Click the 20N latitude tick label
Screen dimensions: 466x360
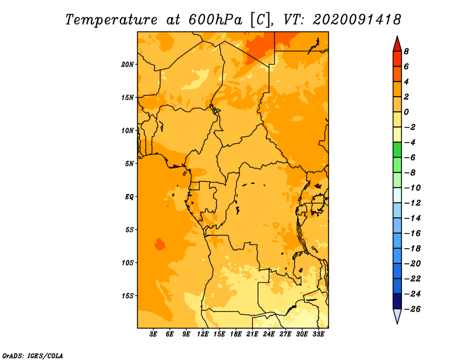(x=127, y=65)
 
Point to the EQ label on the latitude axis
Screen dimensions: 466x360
(x=129, y=197)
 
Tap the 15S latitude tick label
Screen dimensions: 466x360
(x=127, y=296)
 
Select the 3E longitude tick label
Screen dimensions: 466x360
(x=153, y=334)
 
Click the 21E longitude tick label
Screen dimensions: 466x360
(x=252, y=334)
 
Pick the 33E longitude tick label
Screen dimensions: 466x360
(x=318, y=334)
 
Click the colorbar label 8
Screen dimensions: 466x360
(x=406, y=51)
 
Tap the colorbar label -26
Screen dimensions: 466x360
(x=412, y=309)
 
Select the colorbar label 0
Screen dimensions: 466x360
(x=406, y=112)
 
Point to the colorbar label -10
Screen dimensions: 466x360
(x=412, y=188)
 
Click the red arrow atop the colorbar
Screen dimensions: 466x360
(x=397, y=44)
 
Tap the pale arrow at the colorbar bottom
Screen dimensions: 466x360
(x=397, y=316)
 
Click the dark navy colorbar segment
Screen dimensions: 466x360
(x=397, y=301)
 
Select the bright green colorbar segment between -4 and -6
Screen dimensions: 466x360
(x=397, y=150)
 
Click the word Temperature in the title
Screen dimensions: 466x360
(x=111, y=20)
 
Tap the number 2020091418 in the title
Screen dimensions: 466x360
(x=357, y=20)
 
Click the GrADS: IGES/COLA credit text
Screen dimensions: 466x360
(x=33, y=356)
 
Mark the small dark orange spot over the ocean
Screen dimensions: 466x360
(x=160, y=244)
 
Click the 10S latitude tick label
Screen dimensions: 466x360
(x=127, y=263)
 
